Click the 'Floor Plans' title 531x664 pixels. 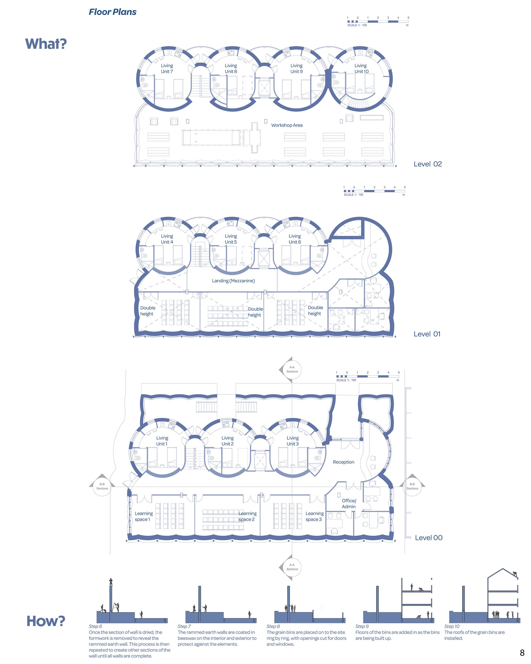coord(112,12)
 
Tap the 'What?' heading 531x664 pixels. coord(46,44)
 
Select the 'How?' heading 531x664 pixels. coord(46,621)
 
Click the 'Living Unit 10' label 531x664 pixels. coord(361,68)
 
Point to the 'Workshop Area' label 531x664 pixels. coord(286,125)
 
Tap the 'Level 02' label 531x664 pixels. coord(427,164)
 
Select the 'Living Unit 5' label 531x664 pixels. coord(230,239)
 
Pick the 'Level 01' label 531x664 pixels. coord(427,334)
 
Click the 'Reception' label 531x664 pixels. coord(343,462)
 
